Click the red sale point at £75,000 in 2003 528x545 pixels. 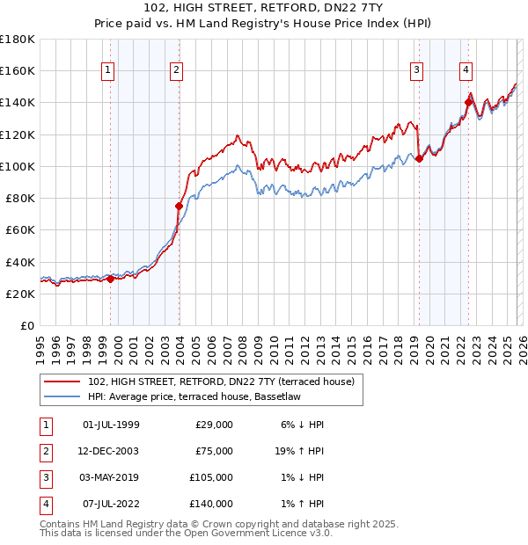179,207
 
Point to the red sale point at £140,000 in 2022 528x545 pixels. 468,102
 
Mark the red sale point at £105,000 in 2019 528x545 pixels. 419,158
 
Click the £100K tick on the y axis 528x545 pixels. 18,166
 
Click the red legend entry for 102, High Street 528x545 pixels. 220,381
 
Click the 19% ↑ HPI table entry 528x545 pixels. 299,451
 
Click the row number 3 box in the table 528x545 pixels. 46,477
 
